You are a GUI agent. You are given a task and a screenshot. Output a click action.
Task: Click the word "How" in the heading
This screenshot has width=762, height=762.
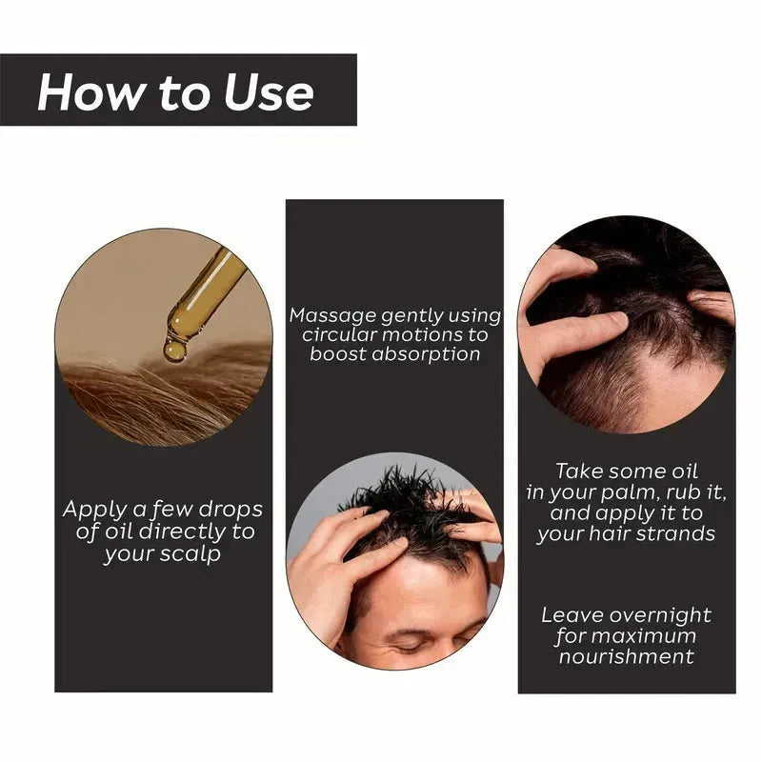[x=79, y=92]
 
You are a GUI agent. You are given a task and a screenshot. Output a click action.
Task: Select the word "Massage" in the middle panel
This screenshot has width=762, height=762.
[x=334, y=315]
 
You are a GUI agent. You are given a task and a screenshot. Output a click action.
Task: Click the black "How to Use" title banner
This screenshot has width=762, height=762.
[x=179, y=90]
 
